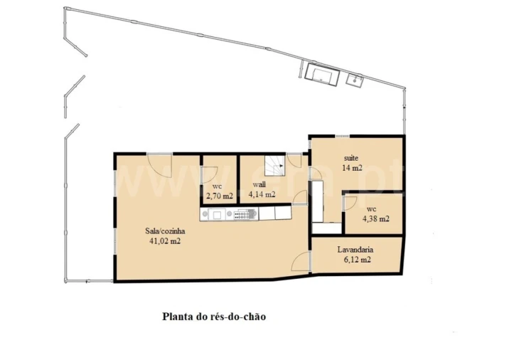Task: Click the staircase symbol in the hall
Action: (x=274, y=165)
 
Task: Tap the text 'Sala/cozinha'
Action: (x=165, y=231)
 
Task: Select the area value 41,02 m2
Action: (x=165, y=241)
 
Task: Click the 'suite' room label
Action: (x=351, y=158)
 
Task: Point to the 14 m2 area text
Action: (x=352, y=168)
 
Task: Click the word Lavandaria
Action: (x=355, y=250)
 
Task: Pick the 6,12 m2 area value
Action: (x=357, y=260)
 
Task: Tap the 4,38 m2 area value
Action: (x=376, y=218)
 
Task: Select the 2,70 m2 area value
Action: (x=220, y=196)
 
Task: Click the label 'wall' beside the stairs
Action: (x=259, y=184)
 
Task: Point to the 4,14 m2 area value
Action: (x=262, y=194)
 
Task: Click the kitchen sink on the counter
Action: (x=217, y=214)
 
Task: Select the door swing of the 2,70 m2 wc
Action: (x=210, y=176)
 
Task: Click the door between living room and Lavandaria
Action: (x=301, y=261)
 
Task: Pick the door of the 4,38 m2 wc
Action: (x=350, y=203)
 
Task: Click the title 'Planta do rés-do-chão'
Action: (x=214, y=317)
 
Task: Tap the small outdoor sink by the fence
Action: (x=355, y=79)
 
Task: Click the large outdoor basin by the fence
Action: (x=322, y=75)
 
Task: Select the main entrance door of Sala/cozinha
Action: (x=160, y=165)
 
